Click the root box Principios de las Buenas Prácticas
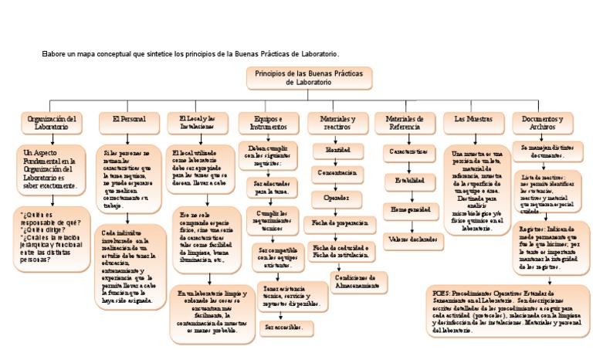tap(309, 77)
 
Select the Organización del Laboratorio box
tap(51, 123)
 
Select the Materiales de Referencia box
tap(405, 123)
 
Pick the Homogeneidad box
tap(409, 210)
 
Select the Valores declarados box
tap(409, 239)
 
